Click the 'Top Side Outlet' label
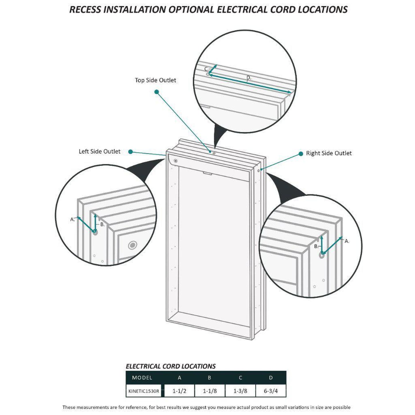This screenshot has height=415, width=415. point(155,80)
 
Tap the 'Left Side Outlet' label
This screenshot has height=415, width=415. point(99,151)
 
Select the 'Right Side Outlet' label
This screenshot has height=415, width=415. point(329,153)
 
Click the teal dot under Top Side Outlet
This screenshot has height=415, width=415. point(157,92)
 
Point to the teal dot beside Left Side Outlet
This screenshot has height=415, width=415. point(130,152)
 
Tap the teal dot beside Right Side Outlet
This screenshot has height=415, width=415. point(301,154)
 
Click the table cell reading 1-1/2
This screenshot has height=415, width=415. point(179,391)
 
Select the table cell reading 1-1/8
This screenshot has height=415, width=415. point(210,391)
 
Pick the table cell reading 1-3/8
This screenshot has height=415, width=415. point(240,391)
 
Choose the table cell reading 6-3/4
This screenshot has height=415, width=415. point(271,391)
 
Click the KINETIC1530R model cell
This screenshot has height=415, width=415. point(144,391)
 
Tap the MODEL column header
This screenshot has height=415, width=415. point(142,378)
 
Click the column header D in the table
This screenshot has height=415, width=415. point(271,378)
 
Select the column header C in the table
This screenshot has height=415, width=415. point(240,378)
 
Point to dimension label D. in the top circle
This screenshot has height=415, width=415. point(249,78)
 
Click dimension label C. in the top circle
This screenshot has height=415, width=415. point(206,69)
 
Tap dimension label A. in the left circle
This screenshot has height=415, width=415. point(72,219)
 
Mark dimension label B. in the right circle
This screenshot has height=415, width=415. point(316,246)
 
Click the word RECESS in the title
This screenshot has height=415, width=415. point(85,9)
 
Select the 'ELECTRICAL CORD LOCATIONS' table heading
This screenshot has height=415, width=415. point(171,366)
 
